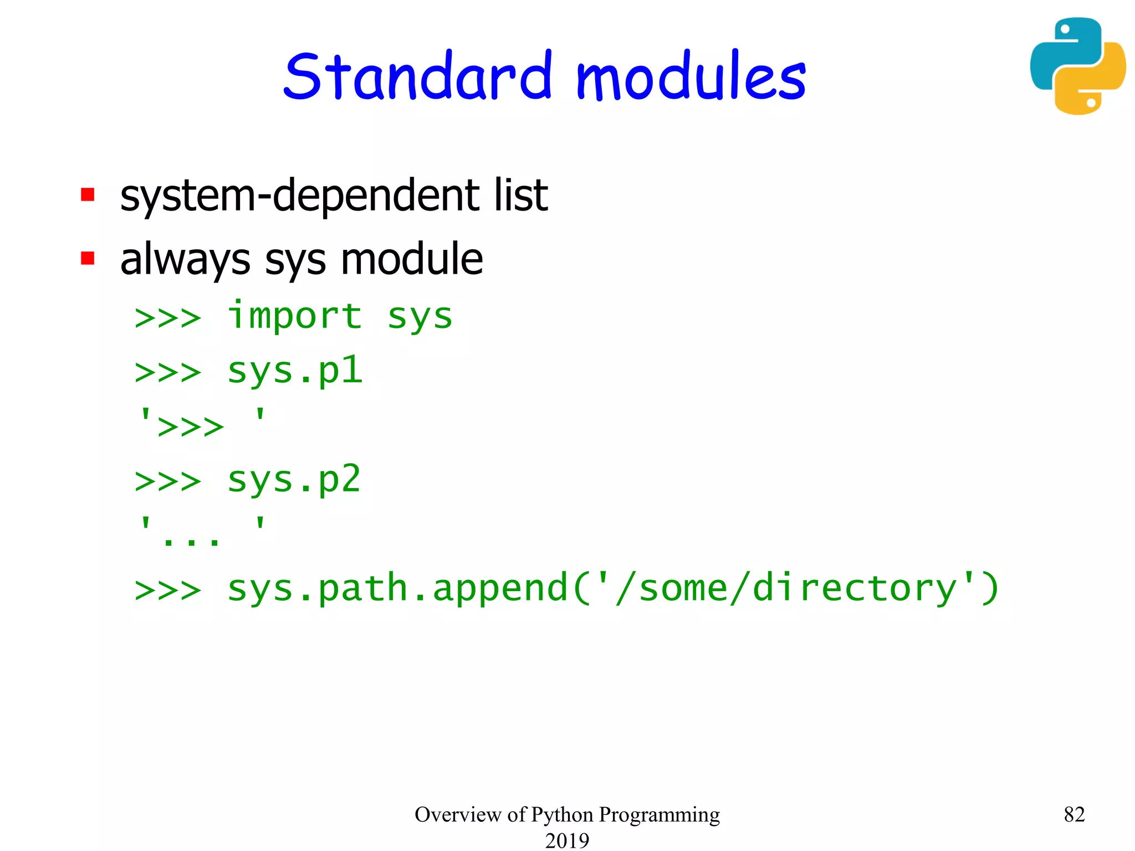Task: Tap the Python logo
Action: [1077, 66]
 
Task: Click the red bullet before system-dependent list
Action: [88, 195]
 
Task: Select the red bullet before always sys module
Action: [88, 258]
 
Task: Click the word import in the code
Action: [294, 316]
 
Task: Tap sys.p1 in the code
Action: [294, 371]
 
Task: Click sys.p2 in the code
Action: [294, 480]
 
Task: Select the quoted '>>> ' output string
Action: [202, 424]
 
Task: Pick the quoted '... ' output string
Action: [202, 532]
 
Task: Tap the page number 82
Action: [1074, 814]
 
